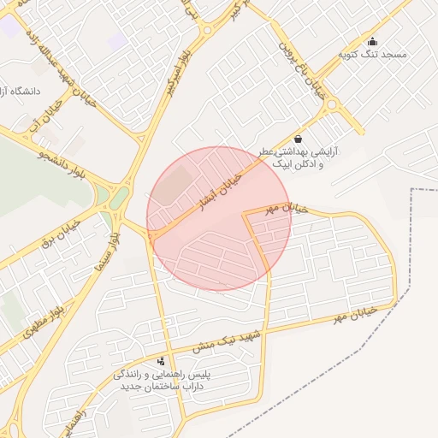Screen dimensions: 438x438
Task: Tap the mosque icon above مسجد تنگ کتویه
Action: (371, 41)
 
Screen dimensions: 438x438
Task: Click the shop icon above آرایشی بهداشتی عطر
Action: (298, 139)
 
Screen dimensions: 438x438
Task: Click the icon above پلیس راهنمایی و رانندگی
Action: (163, 362)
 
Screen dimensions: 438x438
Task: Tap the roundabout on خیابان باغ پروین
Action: (331, 109)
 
